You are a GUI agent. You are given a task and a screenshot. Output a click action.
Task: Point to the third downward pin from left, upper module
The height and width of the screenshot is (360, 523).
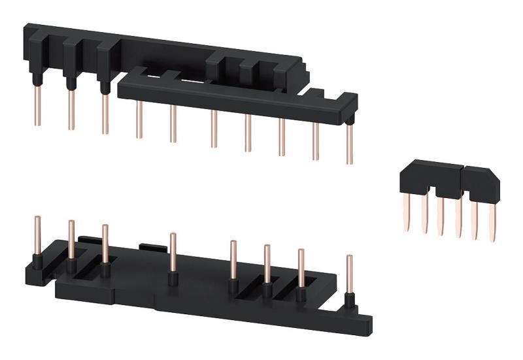click(105, 114)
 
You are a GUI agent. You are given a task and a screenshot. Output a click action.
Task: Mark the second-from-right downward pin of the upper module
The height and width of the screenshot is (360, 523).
click(316, 140)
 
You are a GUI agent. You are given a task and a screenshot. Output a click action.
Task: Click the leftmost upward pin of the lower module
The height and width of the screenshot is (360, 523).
click(37, 235)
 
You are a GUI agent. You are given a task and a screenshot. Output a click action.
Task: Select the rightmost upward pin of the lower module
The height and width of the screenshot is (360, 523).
click(350, 274)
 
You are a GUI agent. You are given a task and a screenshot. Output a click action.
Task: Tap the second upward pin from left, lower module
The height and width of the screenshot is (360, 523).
click(71, 239)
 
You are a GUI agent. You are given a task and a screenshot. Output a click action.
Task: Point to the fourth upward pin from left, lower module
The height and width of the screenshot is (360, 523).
click(173, 252)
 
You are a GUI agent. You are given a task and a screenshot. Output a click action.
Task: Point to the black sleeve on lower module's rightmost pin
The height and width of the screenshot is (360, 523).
click(350, 301)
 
